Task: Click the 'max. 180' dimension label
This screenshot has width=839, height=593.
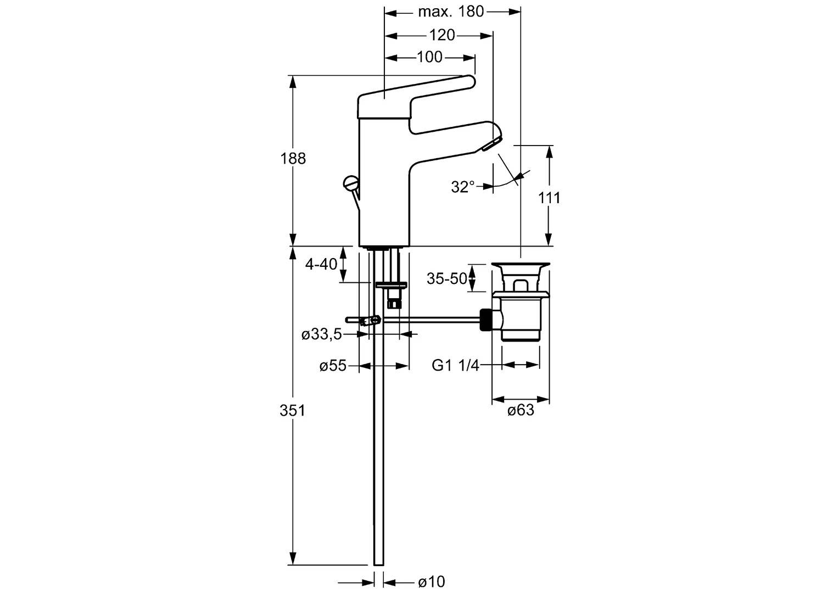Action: tap(451, 11)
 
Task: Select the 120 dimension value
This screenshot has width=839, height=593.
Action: tap(442, 35)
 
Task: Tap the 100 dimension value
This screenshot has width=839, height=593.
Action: tap(429, 57)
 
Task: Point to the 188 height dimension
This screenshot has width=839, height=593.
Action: tap(293, 159)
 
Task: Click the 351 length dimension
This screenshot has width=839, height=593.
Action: tap(293, 410)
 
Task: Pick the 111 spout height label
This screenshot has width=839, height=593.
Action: tap(549, 198)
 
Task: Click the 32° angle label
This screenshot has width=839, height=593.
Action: tap(462, 187)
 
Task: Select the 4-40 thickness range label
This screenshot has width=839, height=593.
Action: tap(321, 264)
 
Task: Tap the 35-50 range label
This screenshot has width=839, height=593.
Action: tap(446, 279)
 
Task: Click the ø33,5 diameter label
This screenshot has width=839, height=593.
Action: tap(322, 334)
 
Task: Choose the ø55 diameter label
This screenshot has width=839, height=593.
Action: tap(333, 366)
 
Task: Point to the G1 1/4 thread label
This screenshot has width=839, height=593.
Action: tap(455, 365)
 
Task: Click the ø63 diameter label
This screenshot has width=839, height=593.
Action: tap(521, 410)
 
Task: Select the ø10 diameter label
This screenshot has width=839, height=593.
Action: tap(431, 582)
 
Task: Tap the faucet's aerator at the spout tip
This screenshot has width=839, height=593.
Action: tap(490, 144)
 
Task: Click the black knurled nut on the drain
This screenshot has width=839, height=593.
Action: tap(486, 320)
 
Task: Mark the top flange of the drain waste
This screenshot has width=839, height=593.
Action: tap(520, 266)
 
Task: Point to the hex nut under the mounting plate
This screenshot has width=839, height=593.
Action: tap(393, 302)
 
